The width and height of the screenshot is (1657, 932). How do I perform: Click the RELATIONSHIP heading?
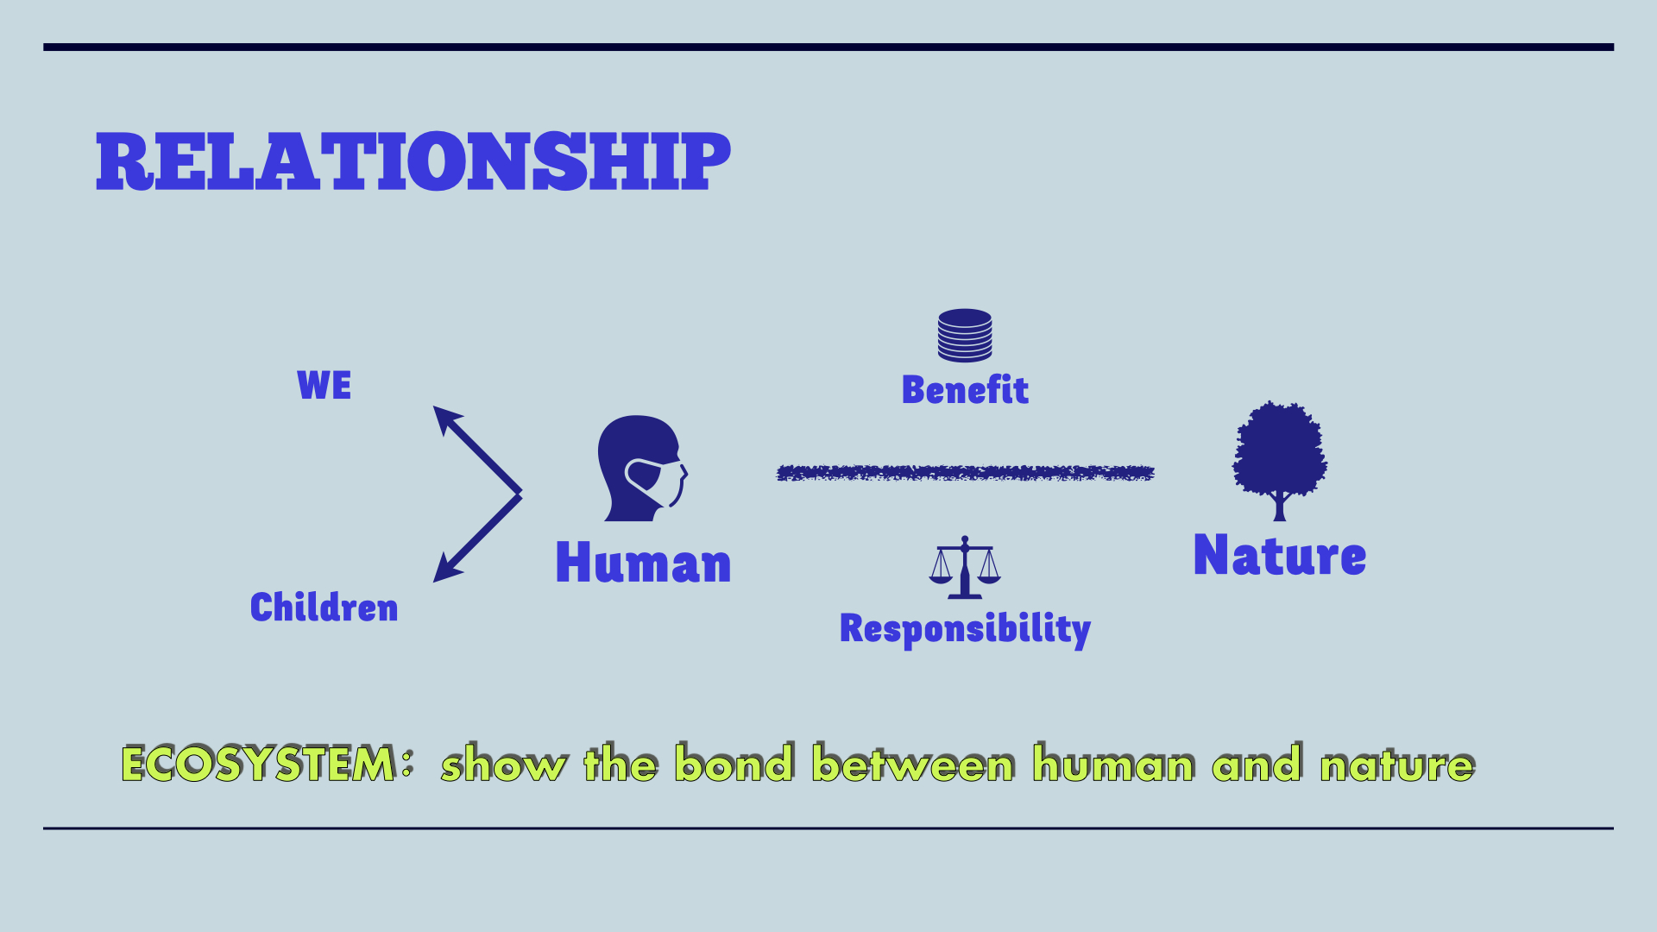(x=413, y=161)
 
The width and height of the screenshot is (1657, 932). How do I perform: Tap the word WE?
(x=324, y=385)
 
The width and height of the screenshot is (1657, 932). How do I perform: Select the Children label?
(x=324, y=608)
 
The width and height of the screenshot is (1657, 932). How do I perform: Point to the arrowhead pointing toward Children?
(x=445, y=569)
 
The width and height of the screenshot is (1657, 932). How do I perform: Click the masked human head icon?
(x=642, y=468)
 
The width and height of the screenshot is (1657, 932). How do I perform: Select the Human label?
(x=644, y=563)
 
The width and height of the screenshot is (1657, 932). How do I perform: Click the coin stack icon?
(x=965, y=335)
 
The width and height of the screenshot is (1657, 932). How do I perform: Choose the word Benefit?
(x=965, y=390)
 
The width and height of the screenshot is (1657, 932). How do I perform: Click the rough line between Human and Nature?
(x=966, y=473)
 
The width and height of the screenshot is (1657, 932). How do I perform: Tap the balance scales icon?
(x=965, y=567)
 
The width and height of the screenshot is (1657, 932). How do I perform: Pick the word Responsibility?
(x=965, y=630)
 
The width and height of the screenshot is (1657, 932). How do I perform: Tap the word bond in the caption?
(x=734, y=763)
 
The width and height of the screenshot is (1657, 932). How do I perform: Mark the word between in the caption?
(x=913, y=764)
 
